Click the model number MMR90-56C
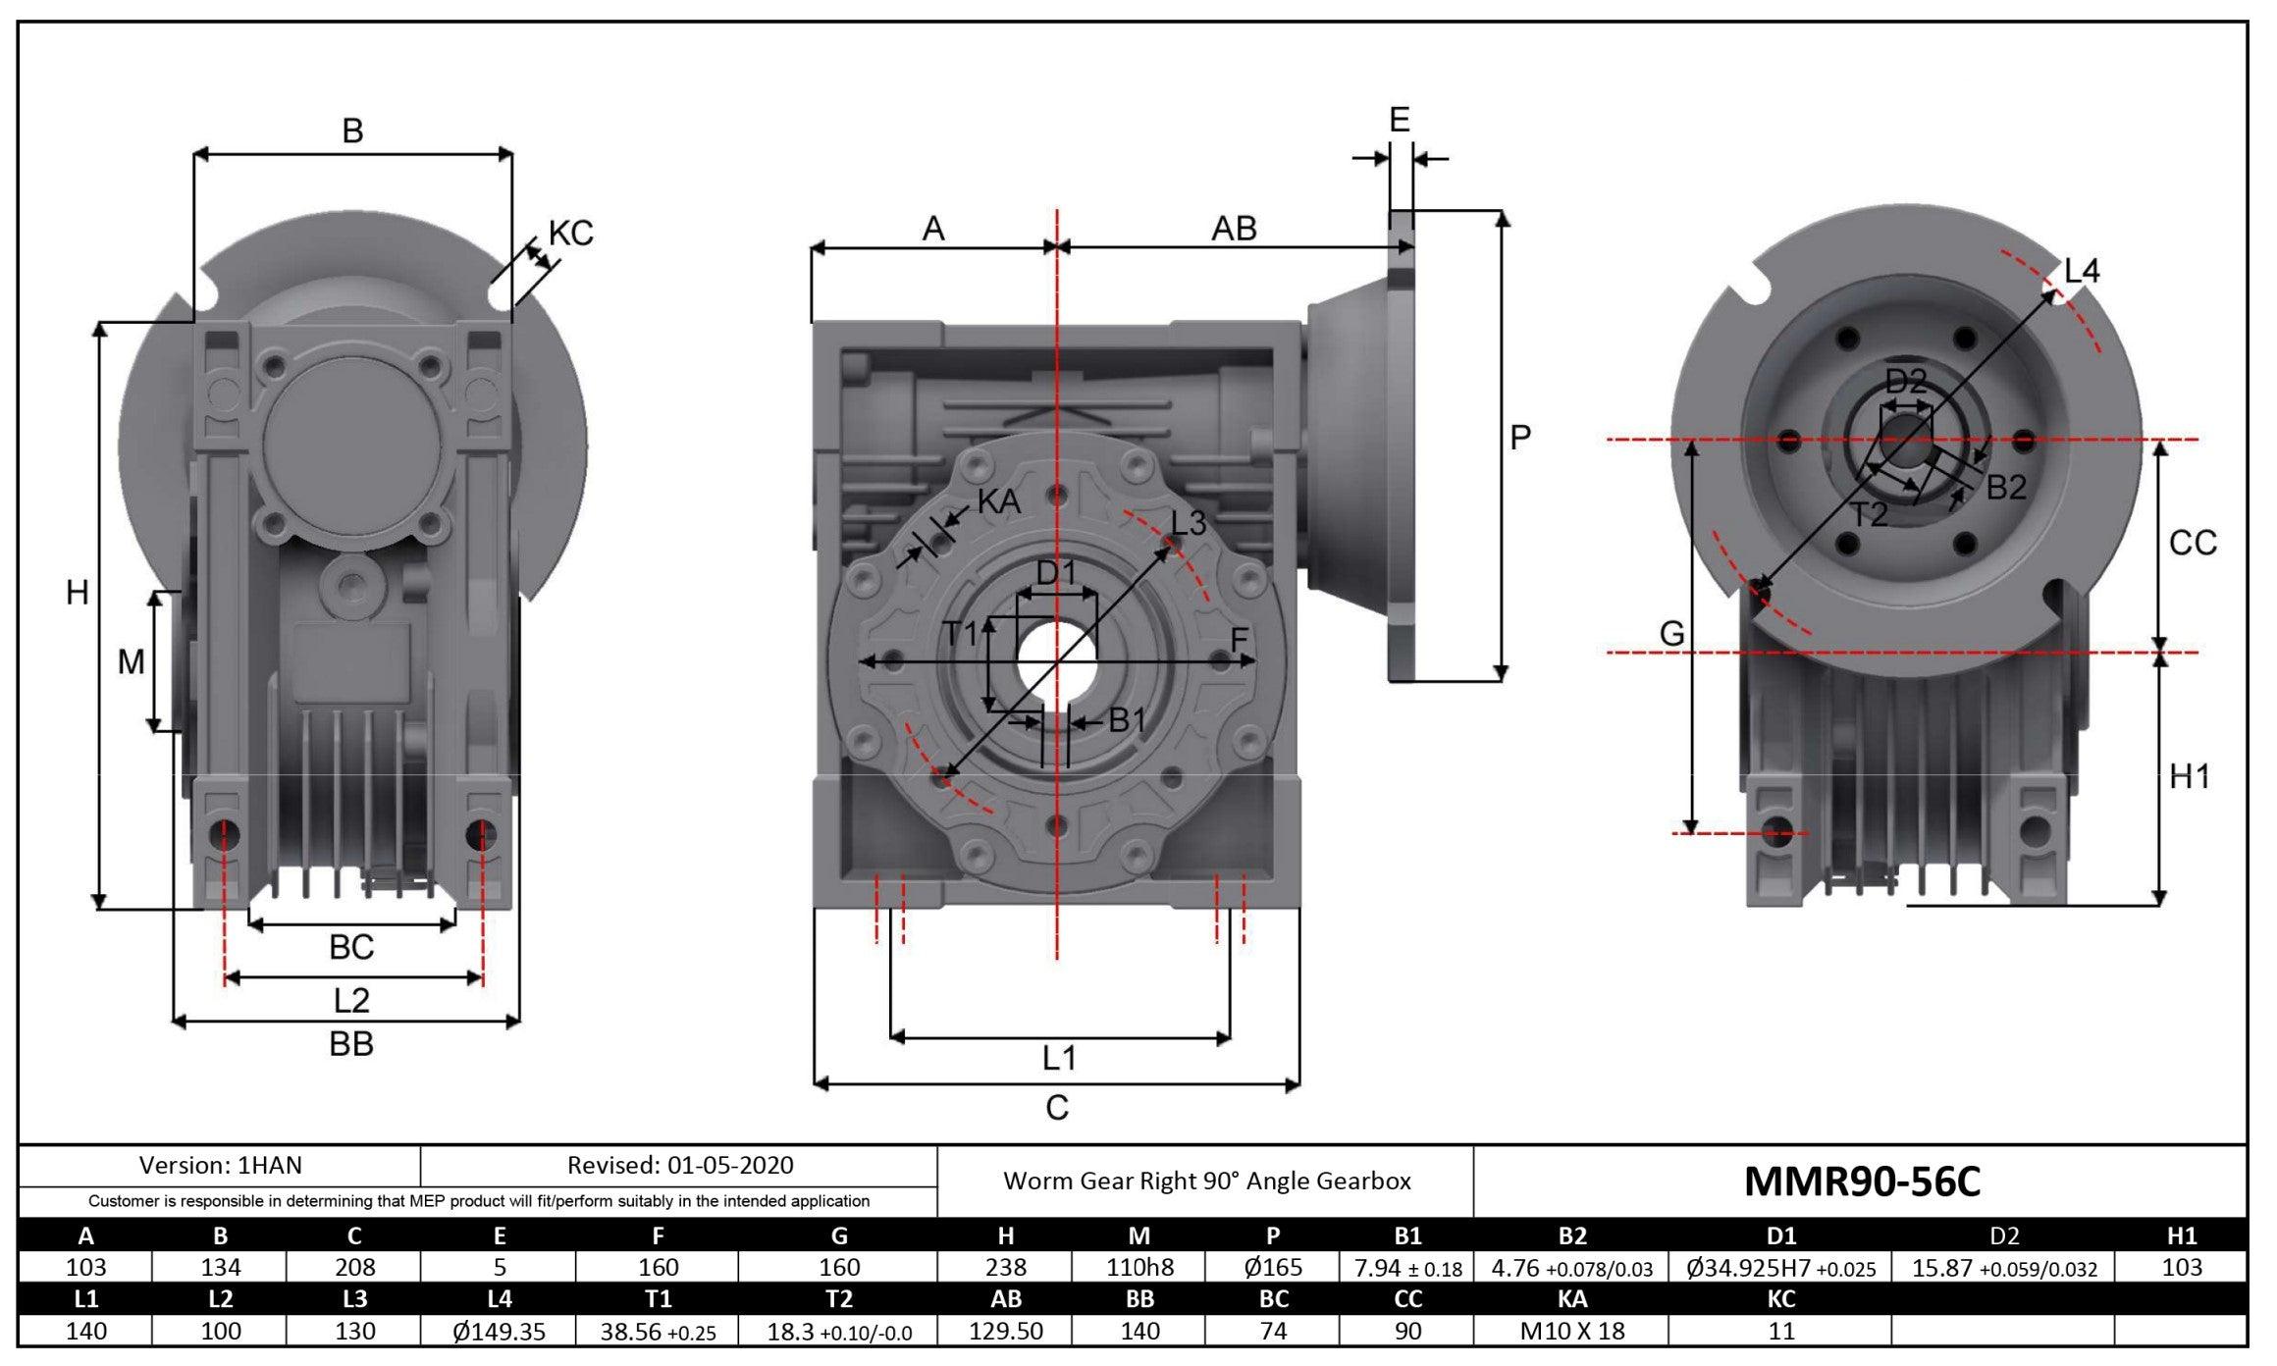pyautogui.click(x=1862, y=1182)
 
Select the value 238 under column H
pyautogui.click(x=1005, y=1267)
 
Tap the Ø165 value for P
pyautogui.click(x=1273, y=1267)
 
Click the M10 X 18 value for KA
pyautogui.click(x=1571, y=1331)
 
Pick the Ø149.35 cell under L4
pyautogui.click(x=499, y=1331)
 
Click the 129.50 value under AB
pyautogui.click(x=1005, y=1331)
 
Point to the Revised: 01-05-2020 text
pyautogui.click(x=680, y=1165)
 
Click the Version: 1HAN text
pyautogui.click(x=220, y=1165)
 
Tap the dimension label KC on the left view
pyautogui.click(x=570, y=234)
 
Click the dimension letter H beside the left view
pyautogui.click(x=77, y=593)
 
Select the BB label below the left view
pyautogui.click(x=350, y=1044)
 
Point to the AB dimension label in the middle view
pyautogui.click(x=1234, y=229)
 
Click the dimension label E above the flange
pyautogui.click(x=1400, y=121)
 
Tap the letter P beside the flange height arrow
pyautogui.click(x=1520, y=438)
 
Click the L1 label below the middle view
pyautogui.click(x=1059, y=1058)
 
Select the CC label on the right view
pyautogui.click(x=2193, y=543)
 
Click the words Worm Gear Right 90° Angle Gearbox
pyautogui.click(x=1206, y=1181)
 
